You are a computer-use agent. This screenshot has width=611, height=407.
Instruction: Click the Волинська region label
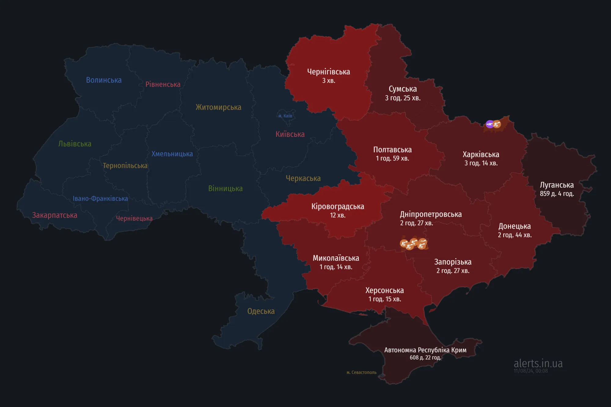coord(104,80)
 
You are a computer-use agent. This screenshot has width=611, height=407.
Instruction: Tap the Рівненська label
coord(163,84)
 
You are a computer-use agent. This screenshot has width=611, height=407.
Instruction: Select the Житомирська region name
coord(218,107)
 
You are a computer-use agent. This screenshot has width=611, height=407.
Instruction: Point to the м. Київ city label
coord(285,116)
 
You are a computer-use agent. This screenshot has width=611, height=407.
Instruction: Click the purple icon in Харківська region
coord(489,124)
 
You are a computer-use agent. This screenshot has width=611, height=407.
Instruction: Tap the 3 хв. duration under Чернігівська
coord(328,81)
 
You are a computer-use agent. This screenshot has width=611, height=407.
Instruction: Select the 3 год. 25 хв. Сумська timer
coord(403,98)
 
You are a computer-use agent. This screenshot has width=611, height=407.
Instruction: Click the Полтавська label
coord(392,150)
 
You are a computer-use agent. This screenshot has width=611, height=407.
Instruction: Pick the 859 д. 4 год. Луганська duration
coord(557,194)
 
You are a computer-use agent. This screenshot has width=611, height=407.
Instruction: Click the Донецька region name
coord(514,226)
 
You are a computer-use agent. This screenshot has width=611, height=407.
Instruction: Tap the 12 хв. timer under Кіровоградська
coord(338,215)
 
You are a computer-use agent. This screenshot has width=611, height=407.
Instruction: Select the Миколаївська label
coord(336,258)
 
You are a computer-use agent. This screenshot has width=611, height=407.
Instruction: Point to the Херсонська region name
coord(384,290)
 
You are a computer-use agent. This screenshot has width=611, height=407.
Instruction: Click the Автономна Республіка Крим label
coord(425,350)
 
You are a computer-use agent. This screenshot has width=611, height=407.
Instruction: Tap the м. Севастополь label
coord(361,372)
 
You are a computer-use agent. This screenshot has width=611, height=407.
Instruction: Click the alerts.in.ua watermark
coord(538,363)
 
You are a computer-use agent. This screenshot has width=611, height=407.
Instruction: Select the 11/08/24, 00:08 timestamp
coord(531,371)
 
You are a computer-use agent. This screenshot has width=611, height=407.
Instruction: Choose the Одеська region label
coord(261,311)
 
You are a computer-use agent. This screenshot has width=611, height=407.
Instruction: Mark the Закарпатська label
coord(55,215)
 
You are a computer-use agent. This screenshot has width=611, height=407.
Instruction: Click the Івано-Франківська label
coord(100,198)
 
